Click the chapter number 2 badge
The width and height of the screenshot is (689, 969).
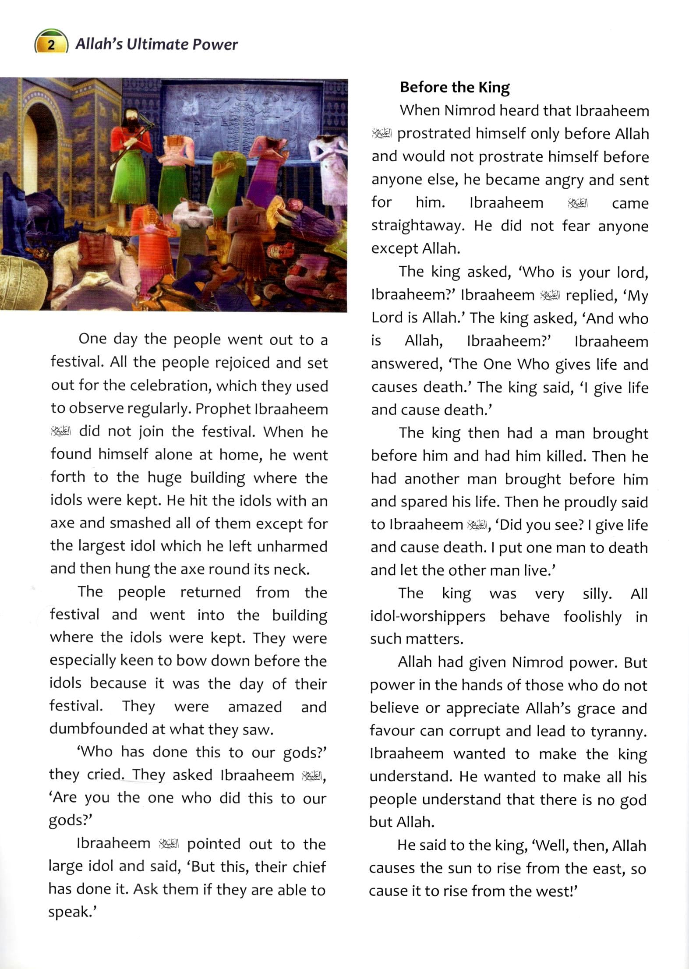(51, 45)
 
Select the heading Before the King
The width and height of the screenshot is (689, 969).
(455, 87)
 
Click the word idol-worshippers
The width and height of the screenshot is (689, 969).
(428, 616)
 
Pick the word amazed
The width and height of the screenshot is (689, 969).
(254, 707)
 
